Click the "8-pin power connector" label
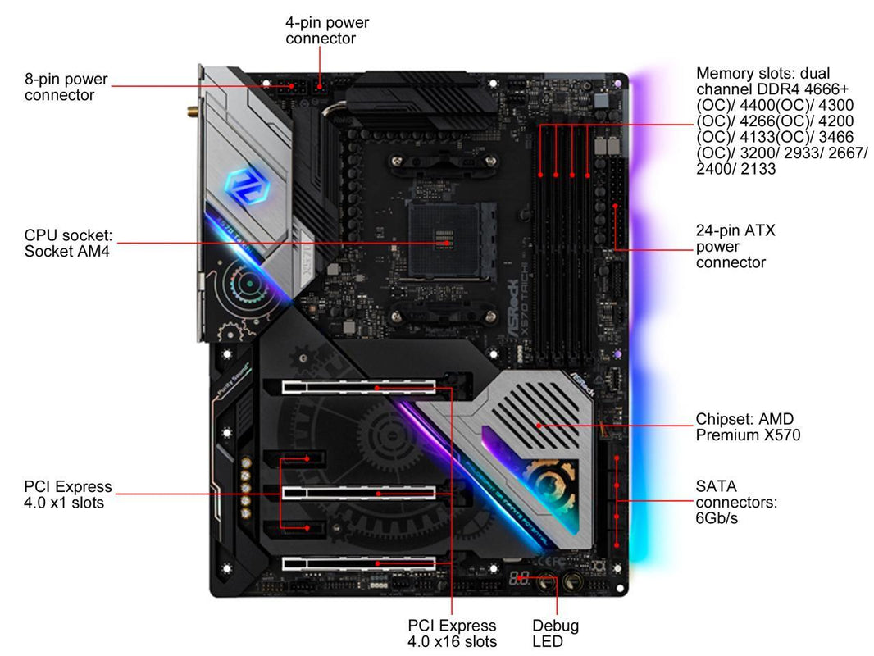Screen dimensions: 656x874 click(x=66, y=87)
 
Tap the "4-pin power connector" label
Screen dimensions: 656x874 click(x=326, y=30)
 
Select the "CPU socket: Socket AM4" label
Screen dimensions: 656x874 click(x=67, y=244)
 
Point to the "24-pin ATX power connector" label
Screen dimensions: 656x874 click(x=735, y=246)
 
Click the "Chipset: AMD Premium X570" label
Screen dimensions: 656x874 click(x=747, y=426)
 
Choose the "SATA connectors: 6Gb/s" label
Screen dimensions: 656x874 click(x=735, y=502)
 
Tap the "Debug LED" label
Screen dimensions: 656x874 click(x=555, y=633)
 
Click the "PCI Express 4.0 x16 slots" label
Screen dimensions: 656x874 click(x=452, y=633)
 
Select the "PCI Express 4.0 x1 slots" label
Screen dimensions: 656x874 click(x=67, y=494)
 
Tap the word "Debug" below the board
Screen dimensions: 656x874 click(x=555, y=626)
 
